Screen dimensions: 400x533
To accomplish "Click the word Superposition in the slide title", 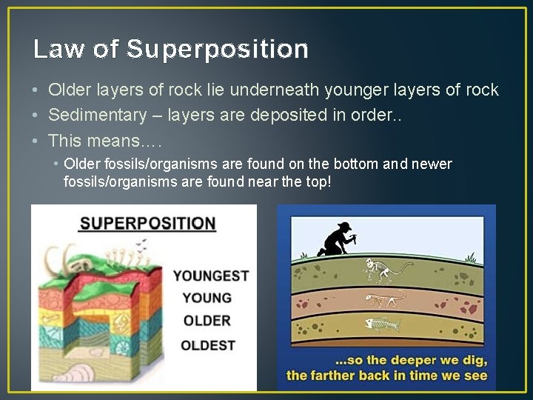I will point(218,49).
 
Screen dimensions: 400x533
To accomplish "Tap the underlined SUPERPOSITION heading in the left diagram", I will point(147,223).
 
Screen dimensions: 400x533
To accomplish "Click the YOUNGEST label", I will point(211,276).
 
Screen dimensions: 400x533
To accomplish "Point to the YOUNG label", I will point(207,298).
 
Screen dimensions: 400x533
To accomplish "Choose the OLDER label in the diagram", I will point(207,321).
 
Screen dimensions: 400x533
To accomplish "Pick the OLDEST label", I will point(208,345).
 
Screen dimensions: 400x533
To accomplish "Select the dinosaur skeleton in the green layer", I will point(386,271).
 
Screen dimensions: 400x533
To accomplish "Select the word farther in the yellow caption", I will point(336,376).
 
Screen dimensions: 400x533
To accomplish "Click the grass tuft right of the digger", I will point(469,257).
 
